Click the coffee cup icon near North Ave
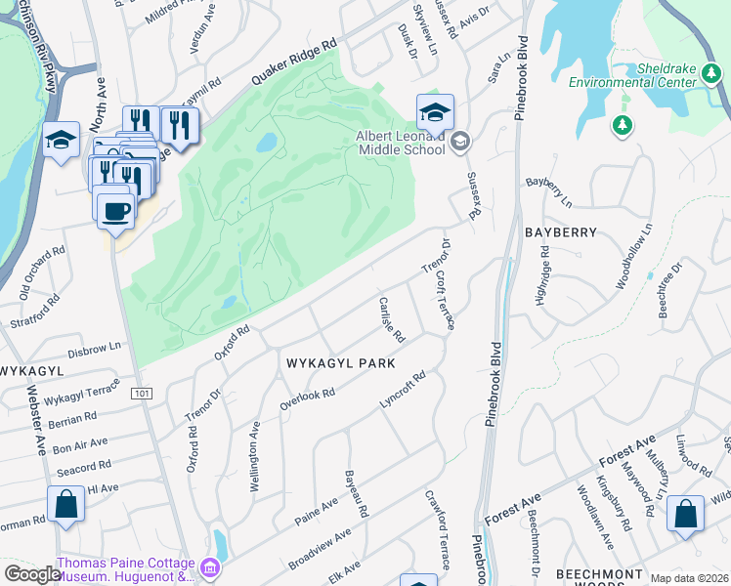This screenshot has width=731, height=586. click(x=115, y=210)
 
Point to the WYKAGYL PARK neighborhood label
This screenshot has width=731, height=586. click(x=340, y=363)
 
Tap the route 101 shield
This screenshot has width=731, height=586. click(x=143, y=393)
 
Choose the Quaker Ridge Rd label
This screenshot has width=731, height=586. click(x=293, y=61)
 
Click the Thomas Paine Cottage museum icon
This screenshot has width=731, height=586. click(x=209, y=566)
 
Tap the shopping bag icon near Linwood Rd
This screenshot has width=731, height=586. click(x=685, y=515)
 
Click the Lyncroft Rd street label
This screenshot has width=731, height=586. click(x=404, y=390)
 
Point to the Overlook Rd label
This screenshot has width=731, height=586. click(x=307, y=399)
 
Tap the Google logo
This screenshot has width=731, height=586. click(x=31, y=573)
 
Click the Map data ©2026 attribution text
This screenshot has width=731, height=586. click(x=690, y=578)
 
